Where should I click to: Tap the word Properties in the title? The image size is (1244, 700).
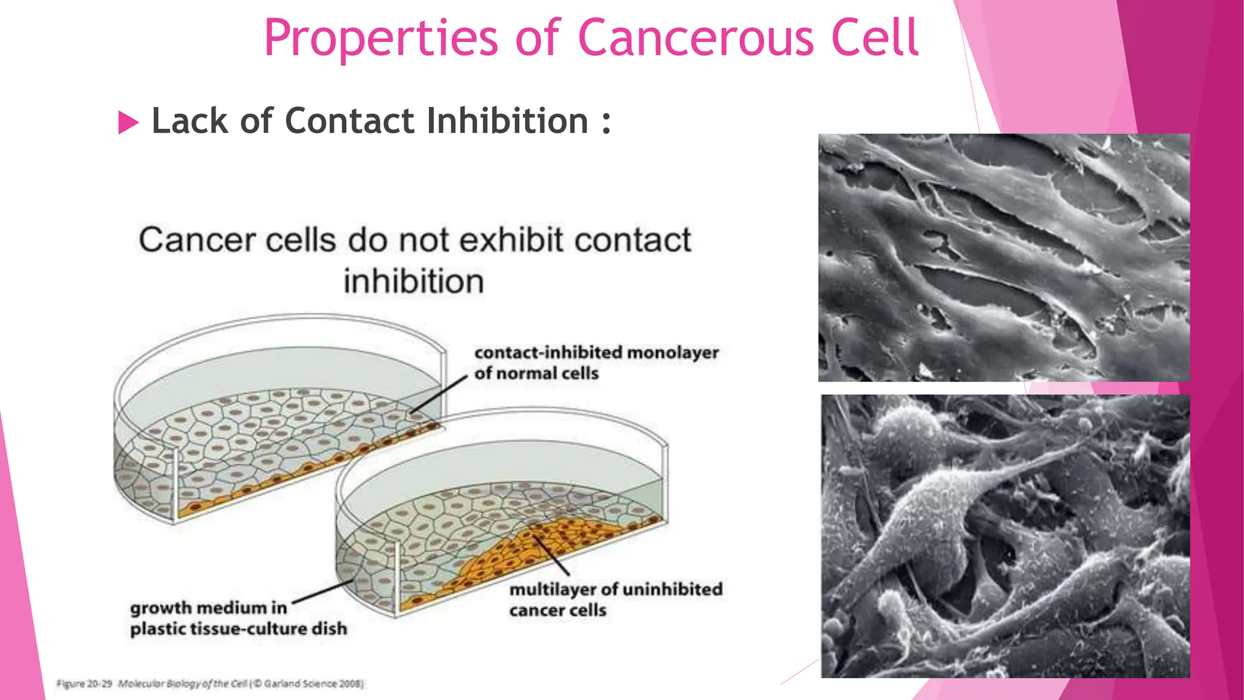[381, 39]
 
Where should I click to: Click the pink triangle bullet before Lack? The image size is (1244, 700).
[128, 122]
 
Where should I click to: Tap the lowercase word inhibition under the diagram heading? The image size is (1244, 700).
[414, 282]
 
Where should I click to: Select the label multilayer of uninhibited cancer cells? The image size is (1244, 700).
[615, 599]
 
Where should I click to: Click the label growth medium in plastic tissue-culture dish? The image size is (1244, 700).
[238, 618]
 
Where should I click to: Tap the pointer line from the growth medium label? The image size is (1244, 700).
[322, 592]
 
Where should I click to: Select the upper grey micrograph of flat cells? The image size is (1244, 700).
[1003, 258]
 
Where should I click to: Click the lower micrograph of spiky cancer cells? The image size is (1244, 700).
[1005, 536]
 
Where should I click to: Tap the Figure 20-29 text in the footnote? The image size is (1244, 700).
[84, 684]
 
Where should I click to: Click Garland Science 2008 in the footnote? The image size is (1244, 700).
[312, 684]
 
